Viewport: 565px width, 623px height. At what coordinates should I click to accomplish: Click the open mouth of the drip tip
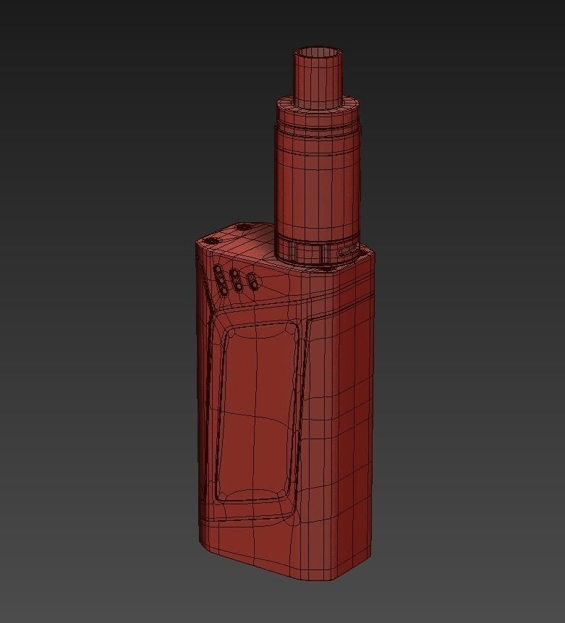click(x=317, y=53)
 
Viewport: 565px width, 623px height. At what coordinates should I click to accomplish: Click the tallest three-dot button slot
click(x=218, y=279)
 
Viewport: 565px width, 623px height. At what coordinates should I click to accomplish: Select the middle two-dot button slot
click(x=235, y=281)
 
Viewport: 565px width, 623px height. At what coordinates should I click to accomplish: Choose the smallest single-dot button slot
click(x=252, y=280)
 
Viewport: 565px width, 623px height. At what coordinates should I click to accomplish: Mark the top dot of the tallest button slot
click(x=218, y=270)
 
